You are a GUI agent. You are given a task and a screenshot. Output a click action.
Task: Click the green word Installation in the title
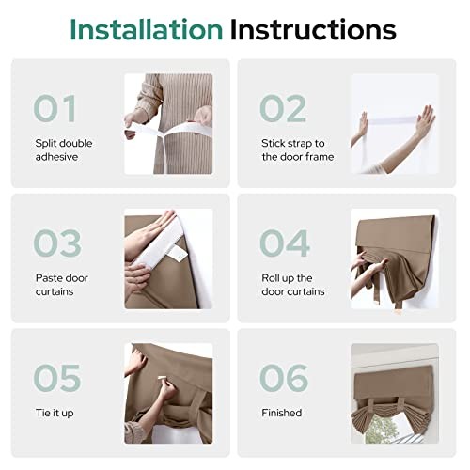click(x=147, y=29)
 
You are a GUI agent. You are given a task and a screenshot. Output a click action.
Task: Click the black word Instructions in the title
click(x=313, y=29)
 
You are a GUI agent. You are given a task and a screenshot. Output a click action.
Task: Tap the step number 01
click(x=55, y=108)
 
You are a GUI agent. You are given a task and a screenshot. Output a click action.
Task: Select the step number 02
click(x=283, y=108)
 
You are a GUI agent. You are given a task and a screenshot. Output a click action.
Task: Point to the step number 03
click(x=57, y=243)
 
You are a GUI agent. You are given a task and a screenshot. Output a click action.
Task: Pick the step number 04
click(x=285, y=243)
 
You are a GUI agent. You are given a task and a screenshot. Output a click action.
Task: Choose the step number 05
click(x=57, y=378)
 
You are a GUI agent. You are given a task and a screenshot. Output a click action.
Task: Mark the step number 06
click(x=284, y=378)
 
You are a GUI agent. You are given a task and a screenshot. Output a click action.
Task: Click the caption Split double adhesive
click(x=64, y=149)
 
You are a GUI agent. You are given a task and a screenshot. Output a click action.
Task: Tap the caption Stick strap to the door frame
click(x=298, y=149)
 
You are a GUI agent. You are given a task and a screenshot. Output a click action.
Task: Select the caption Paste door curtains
click(x=62, y=285)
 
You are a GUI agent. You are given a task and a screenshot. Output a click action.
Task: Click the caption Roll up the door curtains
click(x=293, y=285)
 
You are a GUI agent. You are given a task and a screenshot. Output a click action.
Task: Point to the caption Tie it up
click(x=55, y=413)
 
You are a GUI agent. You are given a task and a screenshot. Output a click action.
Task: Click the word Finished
click(x=282, y=413)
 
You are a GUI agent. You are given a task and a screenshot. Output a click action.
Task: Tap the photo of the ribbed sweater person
click(x=168, y=124)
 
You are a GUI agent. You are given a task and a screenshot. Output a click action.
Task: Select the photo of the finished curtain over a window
click(x=395, y=394)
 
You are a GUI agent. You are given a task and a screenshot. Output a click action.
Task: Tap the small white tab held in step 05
click(x=161, y=378)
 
